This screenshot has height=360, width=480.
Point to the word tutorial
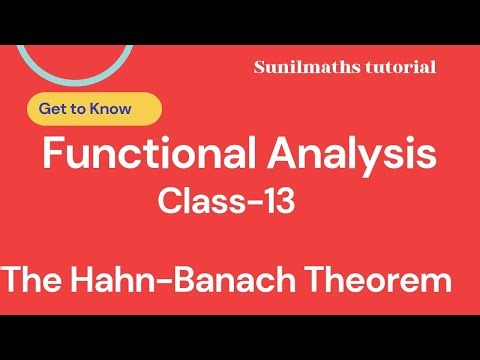coord(400,67)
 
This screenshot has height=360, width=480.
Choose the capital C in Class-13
coord(169,203)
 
